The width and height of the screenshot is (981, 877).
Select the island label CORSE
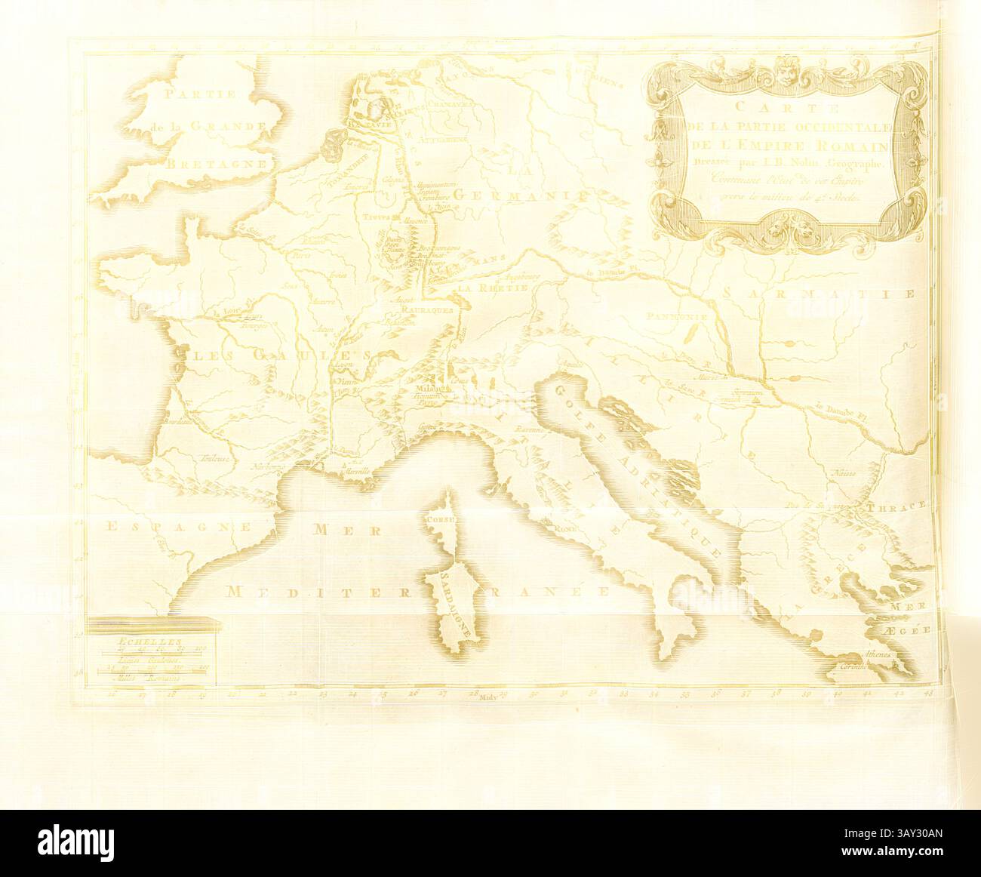(x=439, y=520)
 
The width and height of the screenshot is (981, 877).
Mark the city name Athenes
(x=880, y=654)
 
